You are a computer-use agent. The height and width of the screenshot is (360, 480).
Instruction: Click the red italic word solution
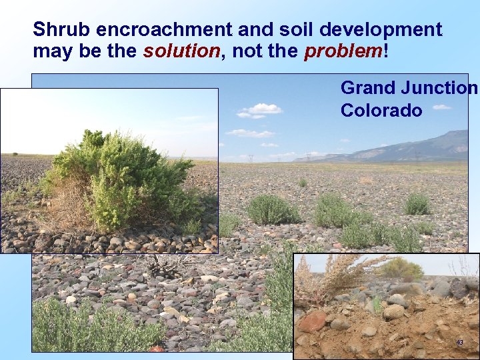(x=181, y=51)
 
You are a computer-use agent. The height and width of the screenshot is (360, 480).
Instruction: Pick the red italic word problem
(x=343, y=51)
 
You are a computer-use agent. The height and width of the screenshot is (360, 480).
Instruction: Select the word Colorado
(x=381, y=110)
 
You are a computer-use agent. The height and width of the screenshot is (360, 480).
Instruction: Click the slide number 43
(x=459, y=342)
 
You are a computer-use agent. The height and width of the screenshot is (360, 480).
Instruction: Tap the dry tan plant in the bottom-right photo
(x=333, y=277)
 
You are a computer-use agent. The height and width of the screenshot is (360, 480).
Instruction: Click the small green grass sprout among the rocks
(x=377, y=305)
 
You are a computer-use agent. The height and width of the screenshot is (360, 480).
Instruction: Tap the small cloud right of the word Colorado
(x=441, y=107)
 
